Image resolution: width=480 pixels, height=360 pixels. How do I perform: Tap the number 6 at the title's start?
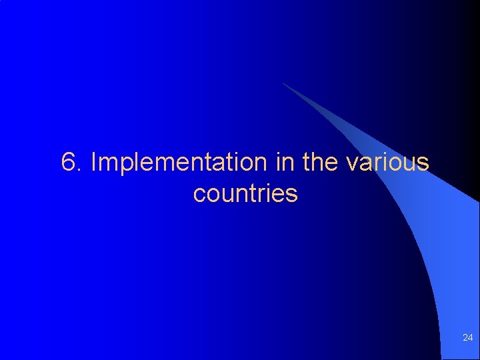(x=67, y=162)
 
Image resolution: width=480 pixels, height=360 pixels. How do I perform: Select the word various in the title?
(x=388, y=162)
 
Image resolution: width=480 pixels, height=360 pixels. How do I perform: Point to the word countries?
(x=245, y=194)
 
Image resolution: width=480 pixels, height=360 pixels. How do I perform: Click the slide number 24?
(x=467, y=338)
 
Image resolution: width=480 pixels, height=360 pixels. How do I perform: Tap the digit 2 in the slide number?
(x=465, y=338)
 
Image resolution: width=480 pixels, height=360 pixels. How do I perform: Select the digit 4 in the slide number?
(x=470, y=338)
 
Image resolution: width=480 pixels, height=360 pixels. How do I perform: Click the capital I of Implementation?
(x=93, y=162)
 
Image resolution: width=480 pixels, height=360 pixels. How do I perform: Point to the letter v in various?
(x=352, y=163)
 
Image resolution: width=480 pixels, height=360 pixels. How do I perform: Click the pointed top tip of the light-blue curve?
(x=283, y=83)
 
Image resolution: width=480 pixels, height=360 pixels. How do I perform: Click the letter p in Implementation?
(x=125, y=165)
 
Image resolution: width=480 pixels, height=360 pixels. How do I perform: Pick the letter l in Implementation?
(x=137, y=162)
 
